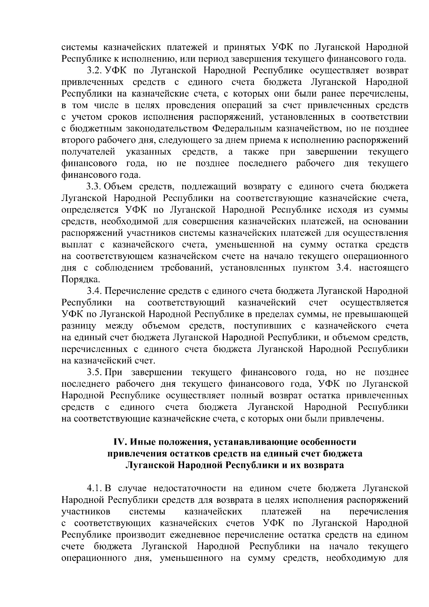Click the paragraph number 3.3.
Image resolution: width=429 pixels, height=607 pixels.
[x=94, y=187]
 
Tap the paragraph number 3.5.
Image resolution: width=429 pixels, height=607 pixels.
[x=94, y=373]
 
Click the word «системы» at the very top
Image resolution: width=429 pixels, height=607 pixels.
[x=79, y=47]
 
